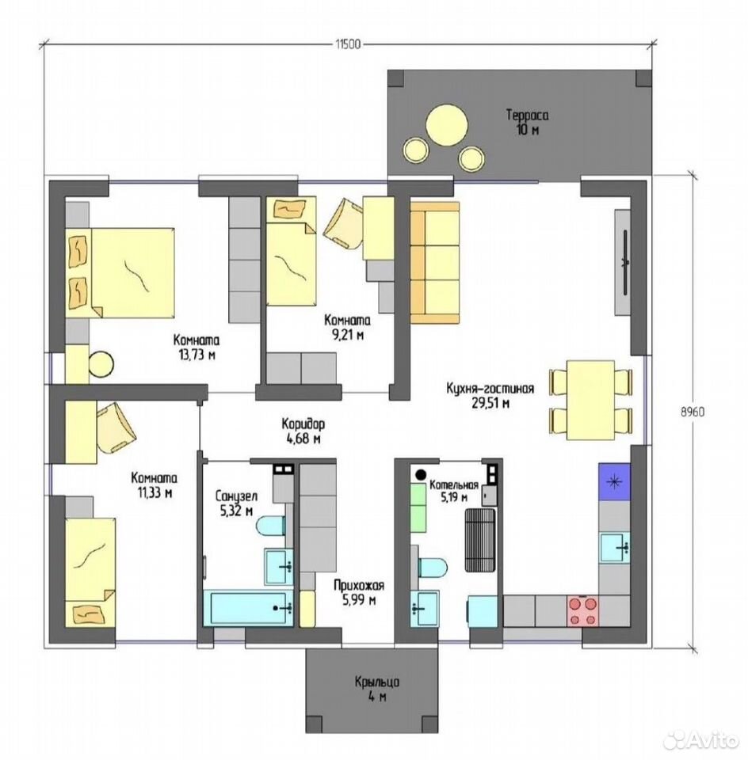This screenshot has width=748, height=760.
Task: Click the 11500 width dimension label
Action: click(x=347, y=44)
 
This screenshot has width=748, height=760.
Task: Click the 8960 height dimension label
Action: click(x=693, y=412)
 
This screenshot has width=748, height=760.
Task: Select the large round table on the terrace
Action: click(x=447, y=123)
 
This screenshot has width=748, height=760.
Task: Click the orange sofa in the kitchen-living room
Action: click(x=435, y=263)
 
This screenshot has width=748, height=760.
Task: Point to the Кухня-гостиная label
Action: click(x=490, y=389)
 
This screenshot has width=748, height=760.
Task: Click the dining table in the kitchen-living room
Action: click(x=591, y=400)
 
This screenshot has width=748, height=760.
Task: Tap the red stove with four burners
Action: click(x=582, y=612)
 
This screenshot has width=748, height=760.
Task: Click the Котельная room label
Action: click(x=454, y=485)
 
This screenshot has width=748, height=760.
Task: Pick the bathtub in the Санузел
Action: click(x=248, y=607)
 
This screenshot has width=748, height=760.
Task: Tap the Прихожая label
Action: click(x=359, y=586)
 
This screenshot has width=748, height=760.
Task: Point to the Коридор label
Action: click(x=303, y=424)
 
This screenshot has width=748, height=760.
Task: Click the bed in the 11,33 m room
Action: click(x=90, y=572)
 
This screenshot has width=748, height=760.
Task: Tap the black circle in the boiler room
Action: click(x=420, y=474)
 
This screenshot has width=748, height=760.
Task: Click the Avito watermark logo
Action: click(x=700, y=739)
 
